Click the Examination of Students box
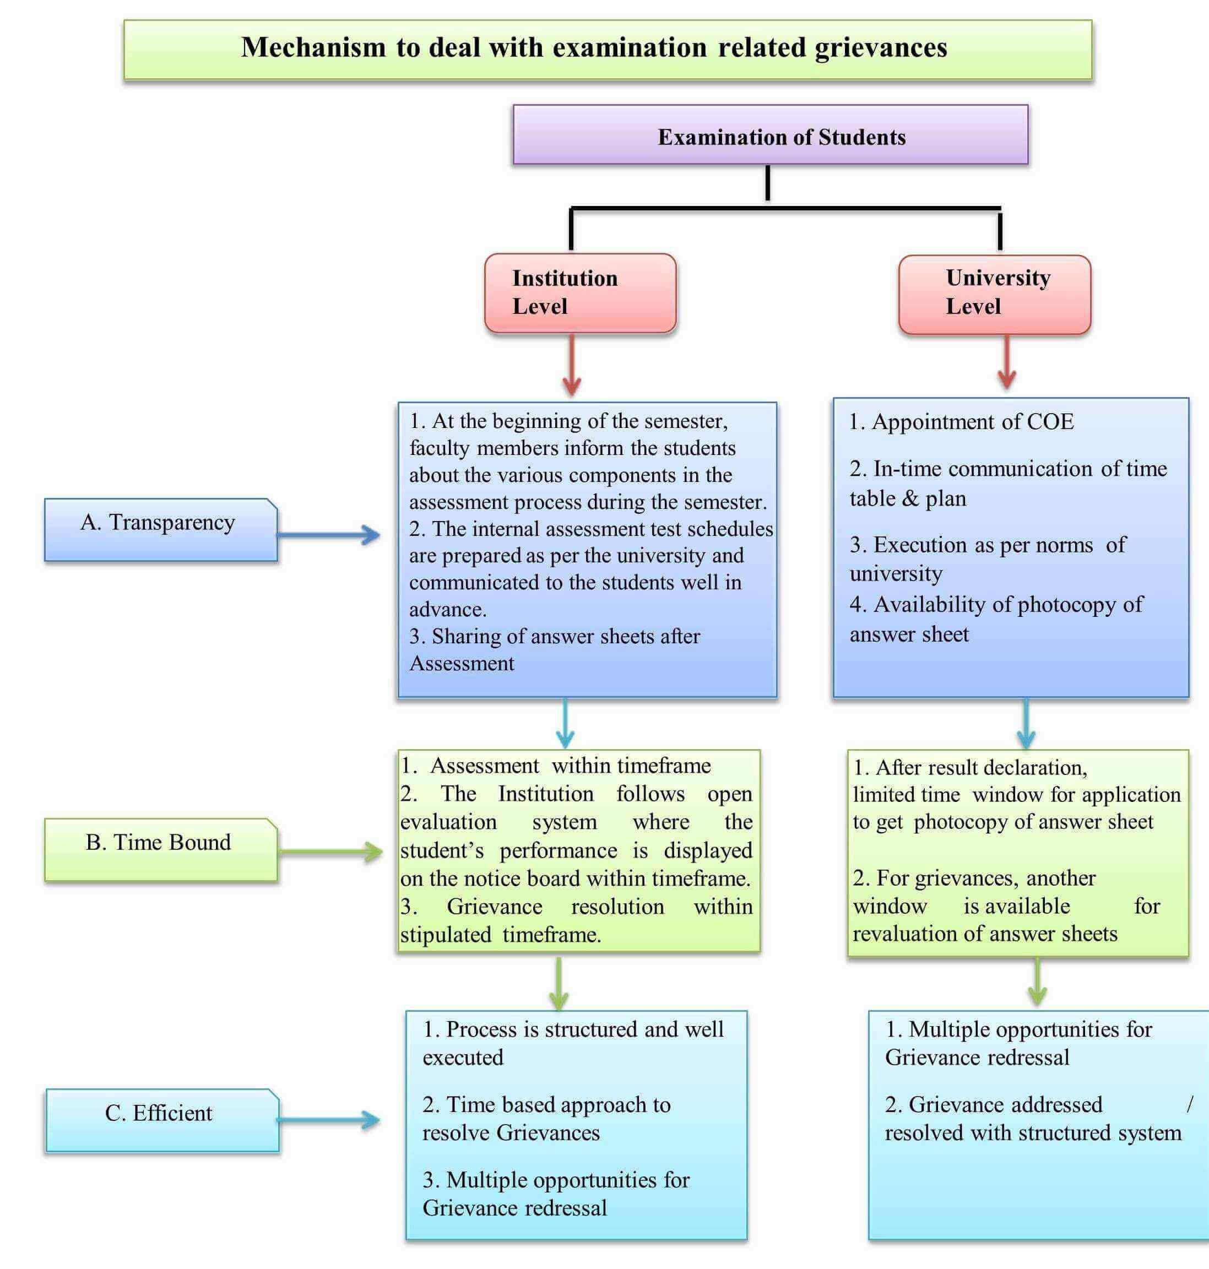tap(770, 135)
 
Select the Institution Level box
tap(580, 293)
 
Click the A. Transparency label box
tap(160, 530)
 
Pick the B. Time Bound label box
tap(160, 849)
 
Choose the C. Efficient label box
tap(162, 1120)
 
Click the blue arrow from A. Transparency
tap(329, 534)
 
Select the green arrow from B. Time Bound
tap(330, 852)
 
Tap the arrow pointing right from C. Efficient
tap(329, 1120)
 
